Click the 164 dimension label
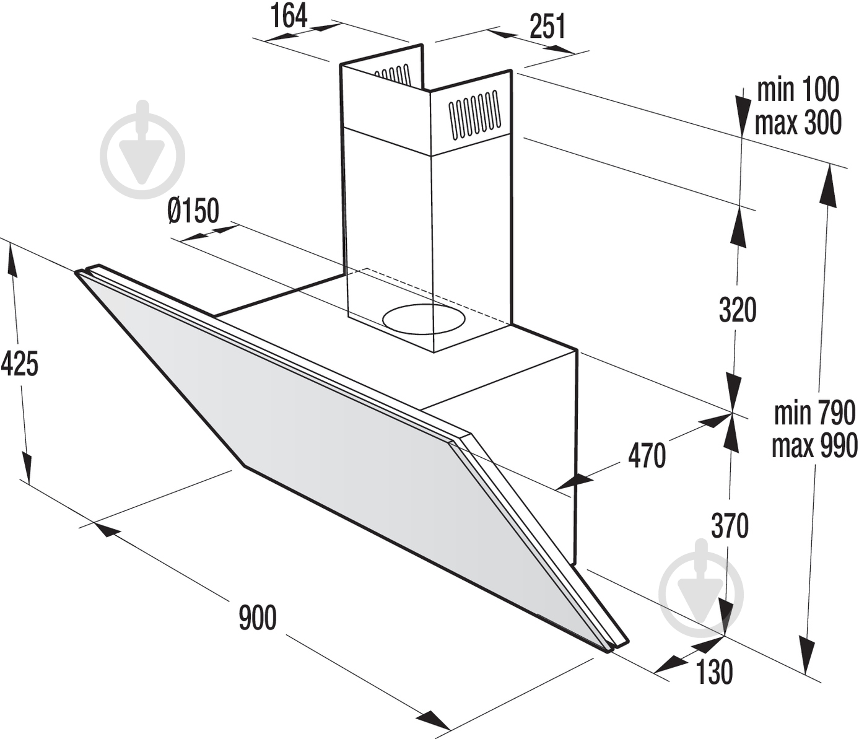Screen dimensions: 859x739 (290, 15)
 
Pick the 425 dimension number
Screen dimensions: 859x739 (20, 363)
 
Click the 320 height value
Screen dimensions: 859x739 (738, 310)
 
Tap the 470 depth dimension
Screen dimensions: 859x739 (647, 455)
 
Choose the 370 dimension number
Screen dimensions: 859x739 (730, 526)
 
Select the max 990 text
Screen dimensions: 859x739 (814, 445)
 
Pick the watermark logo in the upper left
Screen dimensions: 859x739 (142, 149)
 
